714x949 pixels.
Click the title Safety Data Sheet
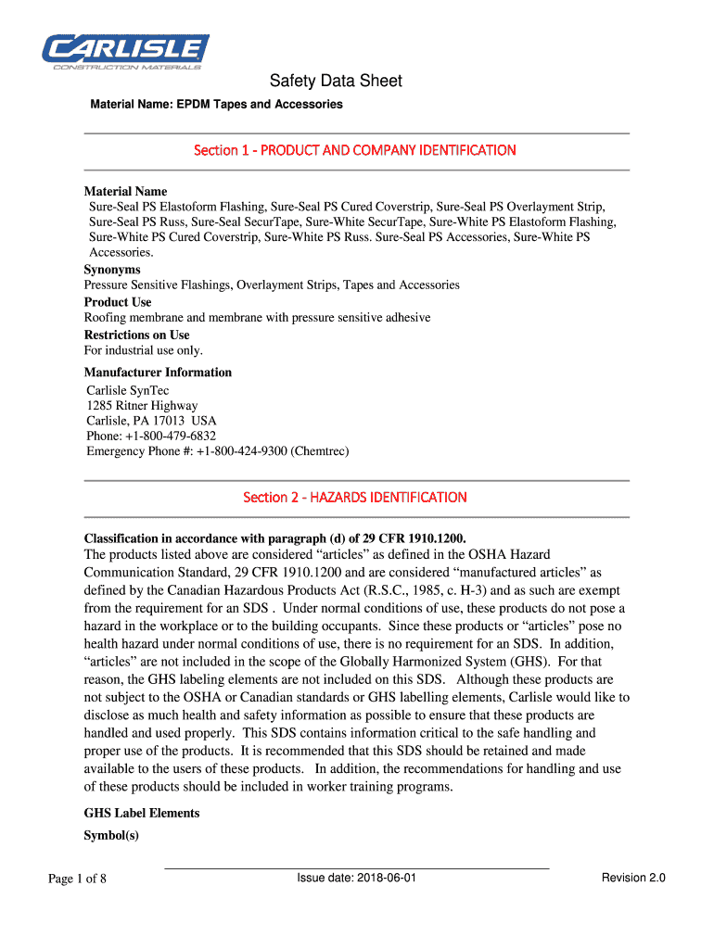click(336, 82)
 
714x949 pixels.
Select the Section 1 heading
click(355, 150)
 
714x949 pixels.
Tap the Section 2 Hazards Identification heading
click(355, 498)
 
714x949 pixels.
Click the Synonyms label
click(112, 270)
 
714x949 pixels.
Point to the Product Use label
click(118, 302)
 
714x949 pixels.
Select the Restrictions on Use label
click(137, 335)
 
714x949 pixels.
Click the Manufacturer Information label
click(158, 373)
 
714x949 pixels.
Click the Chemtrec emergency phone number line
click(218, 451)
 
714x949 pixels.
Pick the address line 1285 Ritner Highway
click(142, 406)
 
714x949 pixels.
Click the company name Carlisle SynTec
click(128, 390)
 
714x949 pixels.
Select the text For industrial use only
click(144, 350)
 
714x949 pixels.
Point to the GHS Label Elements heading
click(142, 814)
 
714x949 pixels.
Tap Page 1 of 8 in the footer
click(78, 879)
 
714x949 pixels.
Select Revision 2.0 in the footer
click(633, 878)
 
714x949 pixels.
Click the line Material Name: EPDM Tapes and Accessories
click(216, 105)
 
